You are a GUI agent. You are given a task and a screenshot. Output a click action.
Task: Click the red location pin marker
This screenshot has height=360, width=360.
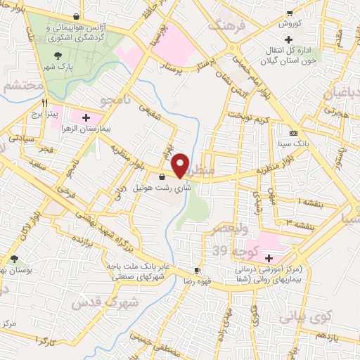click(181, 165)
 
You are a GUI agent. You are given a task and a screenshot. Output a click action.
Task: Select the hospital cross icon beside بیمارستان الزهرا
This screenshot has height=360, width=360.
click(86, 117)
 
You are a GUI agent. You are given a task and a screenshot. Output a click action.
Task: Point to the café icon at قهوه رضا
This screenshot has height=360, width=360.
click(198, 271)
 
